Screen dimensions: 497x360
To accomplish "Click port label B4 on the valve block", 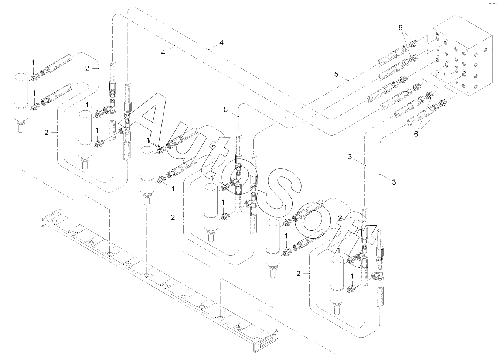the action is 437,34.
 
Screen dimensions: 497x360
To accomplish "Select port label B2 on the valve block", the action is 437,55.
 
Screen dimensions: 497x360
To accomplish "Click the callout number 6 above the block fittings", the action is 401,28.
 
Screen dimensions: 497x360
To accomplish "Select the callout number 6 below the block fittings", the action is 416,134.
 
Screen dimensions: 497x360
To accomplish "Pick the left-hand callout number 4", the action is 163,52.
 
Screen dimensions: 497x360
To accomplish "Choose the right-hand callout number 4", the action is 221,43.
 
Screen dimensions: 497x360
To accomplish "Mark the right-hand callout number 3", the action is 394,182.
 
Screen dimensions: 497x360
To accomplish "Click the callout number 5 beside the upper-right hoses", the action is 336,74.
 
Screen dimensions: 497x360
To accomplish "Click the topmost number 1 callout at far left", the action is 33,62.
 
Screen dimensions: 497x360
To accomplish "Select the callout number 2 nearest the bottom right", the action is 298,274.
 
